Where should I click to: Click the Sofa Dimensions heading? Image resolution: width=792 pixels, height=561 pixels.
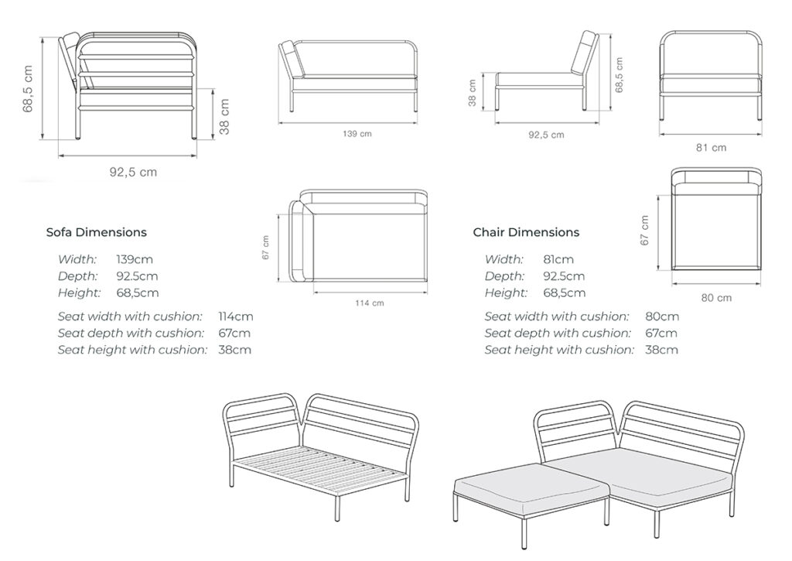(96, 232)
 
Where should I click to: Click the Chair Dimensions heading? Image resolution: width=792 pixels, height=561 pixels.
(526, 232)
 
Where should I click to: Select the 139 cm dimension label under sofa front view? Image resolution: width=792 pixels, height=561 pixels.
(357, 134)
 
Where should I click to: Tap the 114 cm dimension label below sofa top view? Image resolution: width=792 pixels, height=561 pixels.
(368, 303)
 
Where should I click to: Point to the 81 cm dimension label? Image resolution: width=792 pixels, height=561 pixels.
(712, 147)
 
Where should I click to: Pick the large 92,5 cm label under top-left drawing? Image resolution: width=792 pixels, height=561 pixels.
(132, 173)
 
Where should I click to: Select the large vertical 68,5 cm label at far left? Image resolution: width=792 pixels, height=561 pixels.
(29, 89)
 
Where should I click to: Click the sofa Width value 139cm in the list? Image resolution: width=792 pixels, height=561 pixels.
(133, 259)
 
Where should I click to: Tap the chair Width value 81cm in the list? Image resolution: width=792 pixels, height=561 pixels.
(558, 259)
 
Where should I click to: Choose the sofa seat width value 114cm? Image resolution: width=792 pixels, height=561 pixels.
(236, 316)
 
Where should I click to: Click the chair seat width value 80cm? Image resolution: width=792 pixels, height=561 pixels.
(662, 316)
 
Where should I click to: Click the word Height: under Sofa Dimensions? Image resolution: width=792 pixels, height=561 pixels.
(79, 292)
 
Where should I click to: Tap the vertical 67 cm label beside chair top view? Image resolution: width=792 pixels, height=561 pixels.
(645, 230)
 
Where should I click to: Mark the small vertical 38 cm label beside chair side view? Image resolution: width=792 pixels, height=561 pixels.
(473, 93)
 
